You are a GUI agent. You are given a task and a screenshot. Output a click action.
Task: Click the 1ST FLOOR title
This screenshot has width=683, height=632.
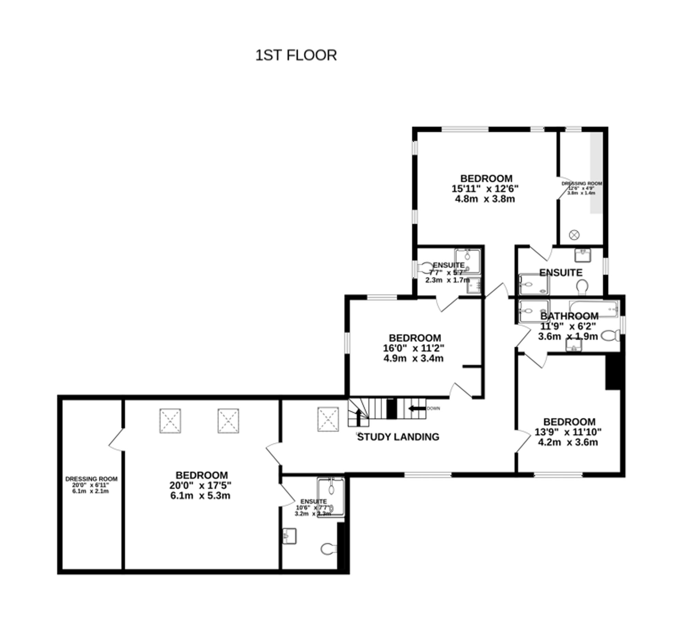point(296,55)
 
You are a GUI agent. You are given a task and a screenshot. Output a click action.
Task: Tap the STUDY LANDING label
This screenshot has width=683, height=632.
point(398,437)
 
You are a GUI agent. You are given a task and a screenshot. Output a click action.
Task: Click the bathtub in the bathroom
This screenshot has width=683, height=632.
point(594,308)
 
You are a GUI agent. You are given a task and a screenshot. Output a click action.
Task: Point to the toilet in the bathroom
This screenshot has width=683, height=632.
point(610,336)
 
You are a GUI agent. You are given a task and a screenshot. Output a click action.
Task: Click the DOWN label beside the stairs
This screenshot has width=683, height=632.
point(433,408)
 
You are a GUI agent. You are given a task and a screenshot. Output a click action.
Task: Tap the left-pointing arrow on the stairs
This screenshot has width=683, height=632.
point(417,408)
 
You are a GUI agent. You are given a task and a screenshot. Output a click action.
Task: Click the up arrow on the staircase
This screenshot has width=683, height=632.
point(358,417)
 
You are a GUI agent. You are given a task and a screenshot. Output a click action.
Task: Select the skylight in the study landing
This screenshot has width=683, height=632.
point(328,419)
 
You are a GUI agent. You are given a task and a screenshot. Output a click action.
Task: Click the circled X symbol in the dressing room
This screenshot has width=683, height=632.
point(574,235)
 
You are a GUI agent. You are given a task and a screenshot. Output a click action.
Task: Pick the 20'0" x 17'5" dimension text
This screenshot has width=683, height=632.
point(200,485)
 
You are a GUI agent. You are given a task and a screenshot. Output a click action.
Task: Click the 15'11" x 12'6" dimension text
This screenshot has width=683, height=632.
point(485,188)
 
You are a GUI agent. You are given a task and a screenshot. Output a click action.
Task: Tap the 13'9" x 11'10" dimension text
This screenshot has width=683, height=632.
point(568,432)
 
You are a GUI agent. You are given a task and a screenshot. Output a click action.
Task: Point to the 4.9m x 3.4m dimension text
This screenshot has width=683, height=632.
point(413,359)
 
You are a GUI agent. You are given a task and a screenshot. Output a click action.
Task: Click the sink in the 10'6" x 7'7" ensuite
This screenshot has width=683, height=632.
point(289,536)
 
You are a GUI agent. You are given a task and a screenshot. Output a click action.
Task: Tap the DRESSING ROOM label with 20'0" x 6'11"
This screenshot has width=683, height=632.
point(91,479)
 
